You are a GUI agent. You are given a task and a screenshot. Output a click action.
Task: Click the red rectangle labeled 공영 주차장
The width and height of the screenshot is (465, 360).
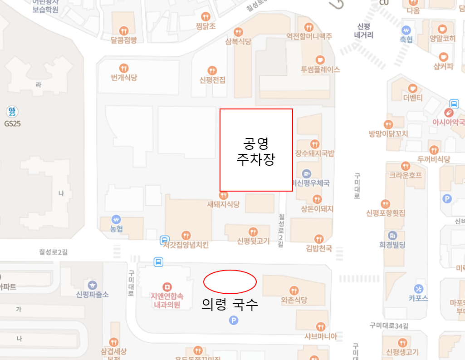pyautogui.click(x=256, y=150)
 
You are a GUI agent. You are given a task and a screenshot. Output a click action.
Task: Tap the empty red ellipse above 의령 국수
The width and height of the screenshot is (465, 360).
pyautogui.click(x=230, y=282)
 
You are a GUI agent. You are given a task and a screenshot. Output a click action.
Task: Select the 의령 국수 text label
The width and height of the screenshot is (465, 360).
pyautogui.click(x=230, y=304)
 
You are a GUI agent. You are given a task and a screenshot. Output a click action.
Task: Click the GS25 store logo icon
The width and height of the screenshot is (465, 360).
pyautogui.click(x=12, y=112)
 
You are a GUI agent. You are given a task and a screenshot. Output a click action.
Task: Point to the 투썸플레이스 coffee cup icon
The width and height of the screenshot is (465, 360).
pyautogui.click(x=320, y=59)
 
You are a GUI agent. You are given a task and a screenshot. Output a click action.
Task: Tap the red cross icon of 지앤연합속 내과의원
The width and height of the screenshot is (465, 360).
pyautogui.click(x=167, y=287)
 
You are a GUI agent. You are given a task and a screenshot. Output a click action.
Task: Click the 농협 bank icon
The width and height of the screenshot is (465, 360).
pyautogui.click(x=117, y=219)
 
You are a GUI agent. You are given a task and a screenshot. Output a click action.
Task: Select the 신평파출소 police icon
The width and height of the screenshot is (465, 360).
pyautogui.click(x=93, y=285)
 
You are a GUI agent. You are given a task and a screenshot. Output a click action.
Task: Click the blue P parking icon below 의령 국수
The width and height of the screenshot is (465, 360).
pyautogui.click(x=234, y=321)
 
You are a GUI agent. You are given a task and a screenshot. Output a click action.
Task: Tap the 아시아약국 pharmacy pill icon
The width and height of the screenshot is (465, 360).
pyautogui.click(x=449, y=112)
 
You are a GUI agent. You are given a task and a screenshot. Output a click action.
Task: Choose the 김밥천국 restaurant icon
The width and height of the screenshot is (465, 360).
pyautogui.click(x=319, y=238)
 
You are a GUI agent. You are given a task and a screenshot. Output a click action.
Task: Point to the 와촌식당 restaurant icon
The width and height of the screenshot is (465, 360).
pyautogui.click(x=294, y=290)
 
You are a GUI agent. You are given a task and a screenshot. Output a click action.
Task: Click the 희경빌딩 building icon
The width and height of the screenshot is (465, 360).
pyautogui.click(x=392, y=235)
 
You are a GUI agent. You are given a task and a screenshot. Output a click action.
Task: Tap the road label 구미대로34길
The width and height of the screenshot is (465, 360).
pyautogui.click(x=389, y=325)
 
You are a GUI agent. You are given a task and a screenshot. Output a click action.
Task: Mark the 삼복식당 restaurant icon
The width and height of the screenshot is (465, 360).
pyautogui.click(x=238, y=32)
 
